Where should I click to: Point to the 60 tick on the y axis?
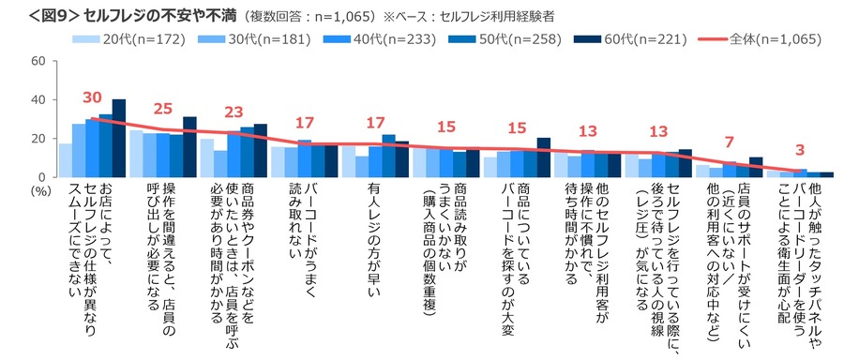click(38, 61)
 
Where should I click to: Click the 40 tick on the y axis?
click(38, 99)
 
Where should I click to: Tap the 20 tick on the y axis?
click(38, 138)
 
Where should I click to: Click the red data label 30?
click(92, 97)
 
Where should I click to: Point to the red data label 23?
click(234, 112)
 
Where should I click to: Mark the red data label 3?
click(800, 150)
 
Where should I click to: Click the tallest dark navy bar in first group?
click(119, 138)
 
